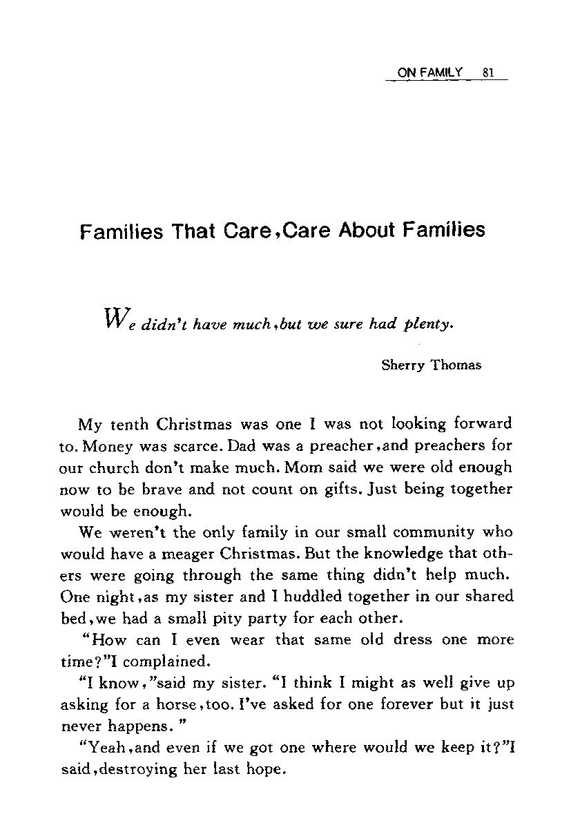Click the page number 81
pos(488,72)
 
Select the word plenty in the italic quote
pos(428,323)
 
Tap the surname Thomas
pos(456,365)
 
